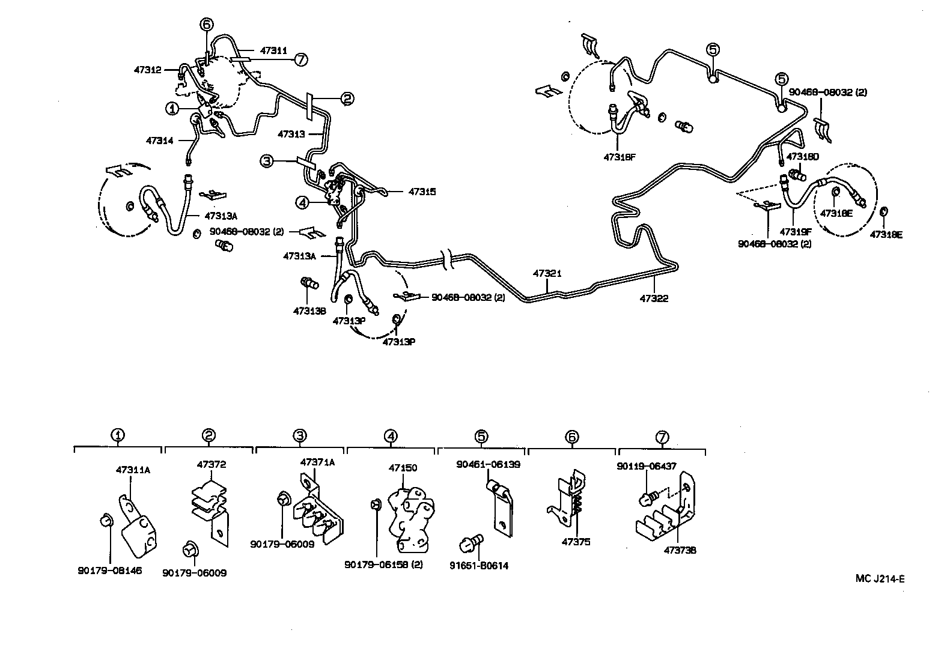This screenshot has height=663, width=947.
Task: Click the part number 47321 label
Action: [546, 273]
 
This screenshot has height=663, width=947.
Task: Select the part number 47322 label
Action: [654, 298]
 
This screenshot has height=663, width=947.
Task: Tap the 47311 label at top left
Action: [273, 51]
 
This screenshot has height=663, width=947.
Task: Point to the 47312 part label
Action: [147, 70]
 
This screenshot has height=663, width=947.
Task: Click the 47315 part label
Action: [422, 192]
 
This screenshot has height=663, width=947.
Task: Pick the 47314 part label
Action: [159, 141]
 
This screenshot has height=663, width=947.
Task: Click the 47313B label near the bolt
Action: [309, 310]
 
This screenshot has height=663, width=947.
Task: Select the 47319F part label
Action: [796, 231]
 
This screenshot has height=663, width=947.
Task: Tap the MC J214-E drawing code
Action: [880, 579]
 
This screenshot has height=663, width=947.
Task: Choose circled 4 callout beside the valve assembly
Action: [302, 203]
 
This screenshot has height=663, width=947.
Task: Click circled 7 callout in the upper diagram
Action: [301, 59]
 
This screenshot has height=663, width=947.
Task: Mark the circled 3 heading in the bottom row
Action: [300, 436]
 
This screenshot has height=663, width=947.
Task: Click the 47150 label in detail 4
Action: [403, 468]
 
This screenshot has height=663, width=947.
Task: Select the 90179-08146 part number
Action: [109, 570]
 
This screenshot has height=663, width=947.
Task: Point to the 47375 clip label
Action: [576, 542]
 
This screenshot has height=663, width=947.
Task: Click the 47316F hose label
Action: [619, 158]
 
